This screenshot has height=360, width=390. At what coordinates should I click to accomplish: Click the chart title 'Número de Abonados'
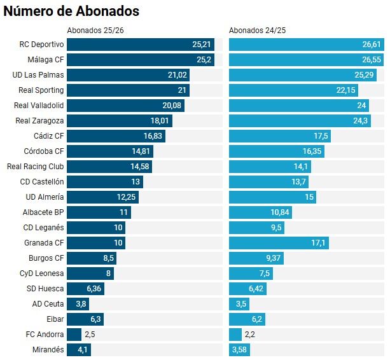point(71,11)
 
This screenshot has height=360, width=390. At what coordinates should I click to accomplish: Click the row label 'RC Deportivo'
point(42,45)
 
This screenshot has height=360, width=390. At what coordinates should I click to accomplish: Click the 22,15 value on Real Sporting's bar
point(346,90)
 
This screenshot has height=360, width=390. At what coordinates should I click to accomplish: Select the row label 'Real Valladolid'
point(39,106)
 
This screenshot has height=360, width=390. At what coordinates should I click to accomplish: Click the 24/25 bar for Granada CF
point(279,243)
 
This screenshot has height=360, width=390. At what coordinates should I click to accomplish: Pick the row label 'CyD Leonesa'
point(42,273)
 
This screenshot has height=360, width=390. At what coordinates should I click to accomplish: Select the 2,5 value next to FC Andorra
point(90,335)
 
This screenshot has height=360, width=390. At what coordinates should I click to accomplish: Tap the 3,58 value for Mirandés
point(239,350)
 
